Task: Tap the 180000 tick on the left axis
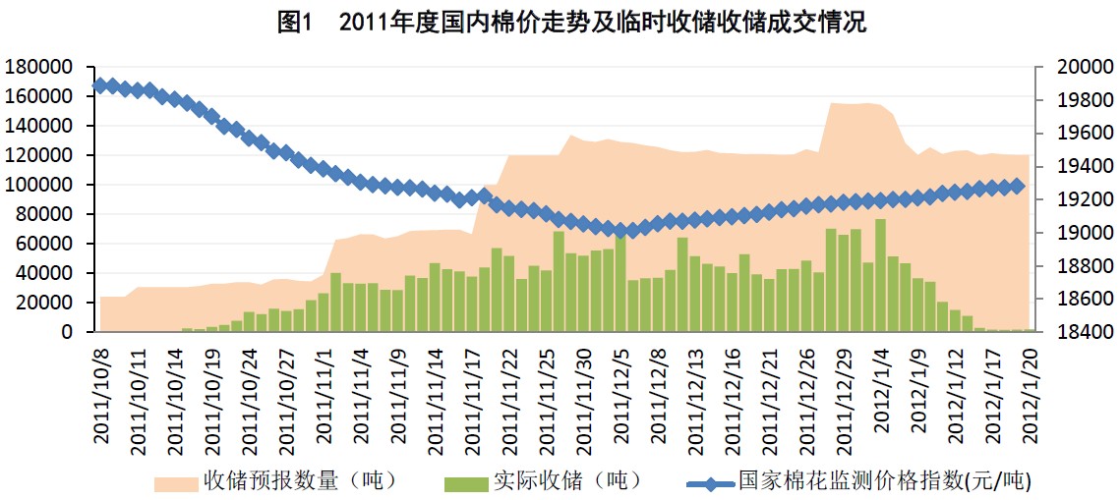click(40, 68)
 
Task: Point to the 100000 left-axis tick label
click(40, 186)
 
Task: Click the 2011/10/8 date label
click(100, 393)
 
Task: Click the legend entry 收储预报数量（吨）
click(275, 480)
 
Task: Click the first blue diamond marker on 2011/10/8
click(99, 85)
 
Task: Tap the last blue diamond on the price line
click(1017, 186)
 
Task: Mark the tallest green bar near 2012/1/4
click(880, 276)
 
